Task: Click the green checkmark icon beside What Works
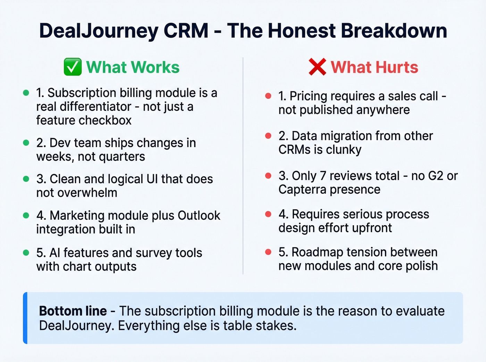tap(73, 67)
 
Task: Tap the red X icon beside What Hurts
tap(317, 67)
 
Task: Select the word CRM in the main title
tap(186, 30)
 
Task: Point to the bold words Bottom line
tap(73, 311)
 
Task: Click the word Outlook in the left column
tap(199, 215)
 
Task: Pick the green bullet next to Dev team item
tap(26, 143)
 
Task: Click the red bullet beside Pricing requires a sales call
tap(268, 96)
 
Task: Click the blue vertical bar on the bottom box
tap(25, 318)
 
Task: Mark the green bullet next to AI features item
tap(26, 253)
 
